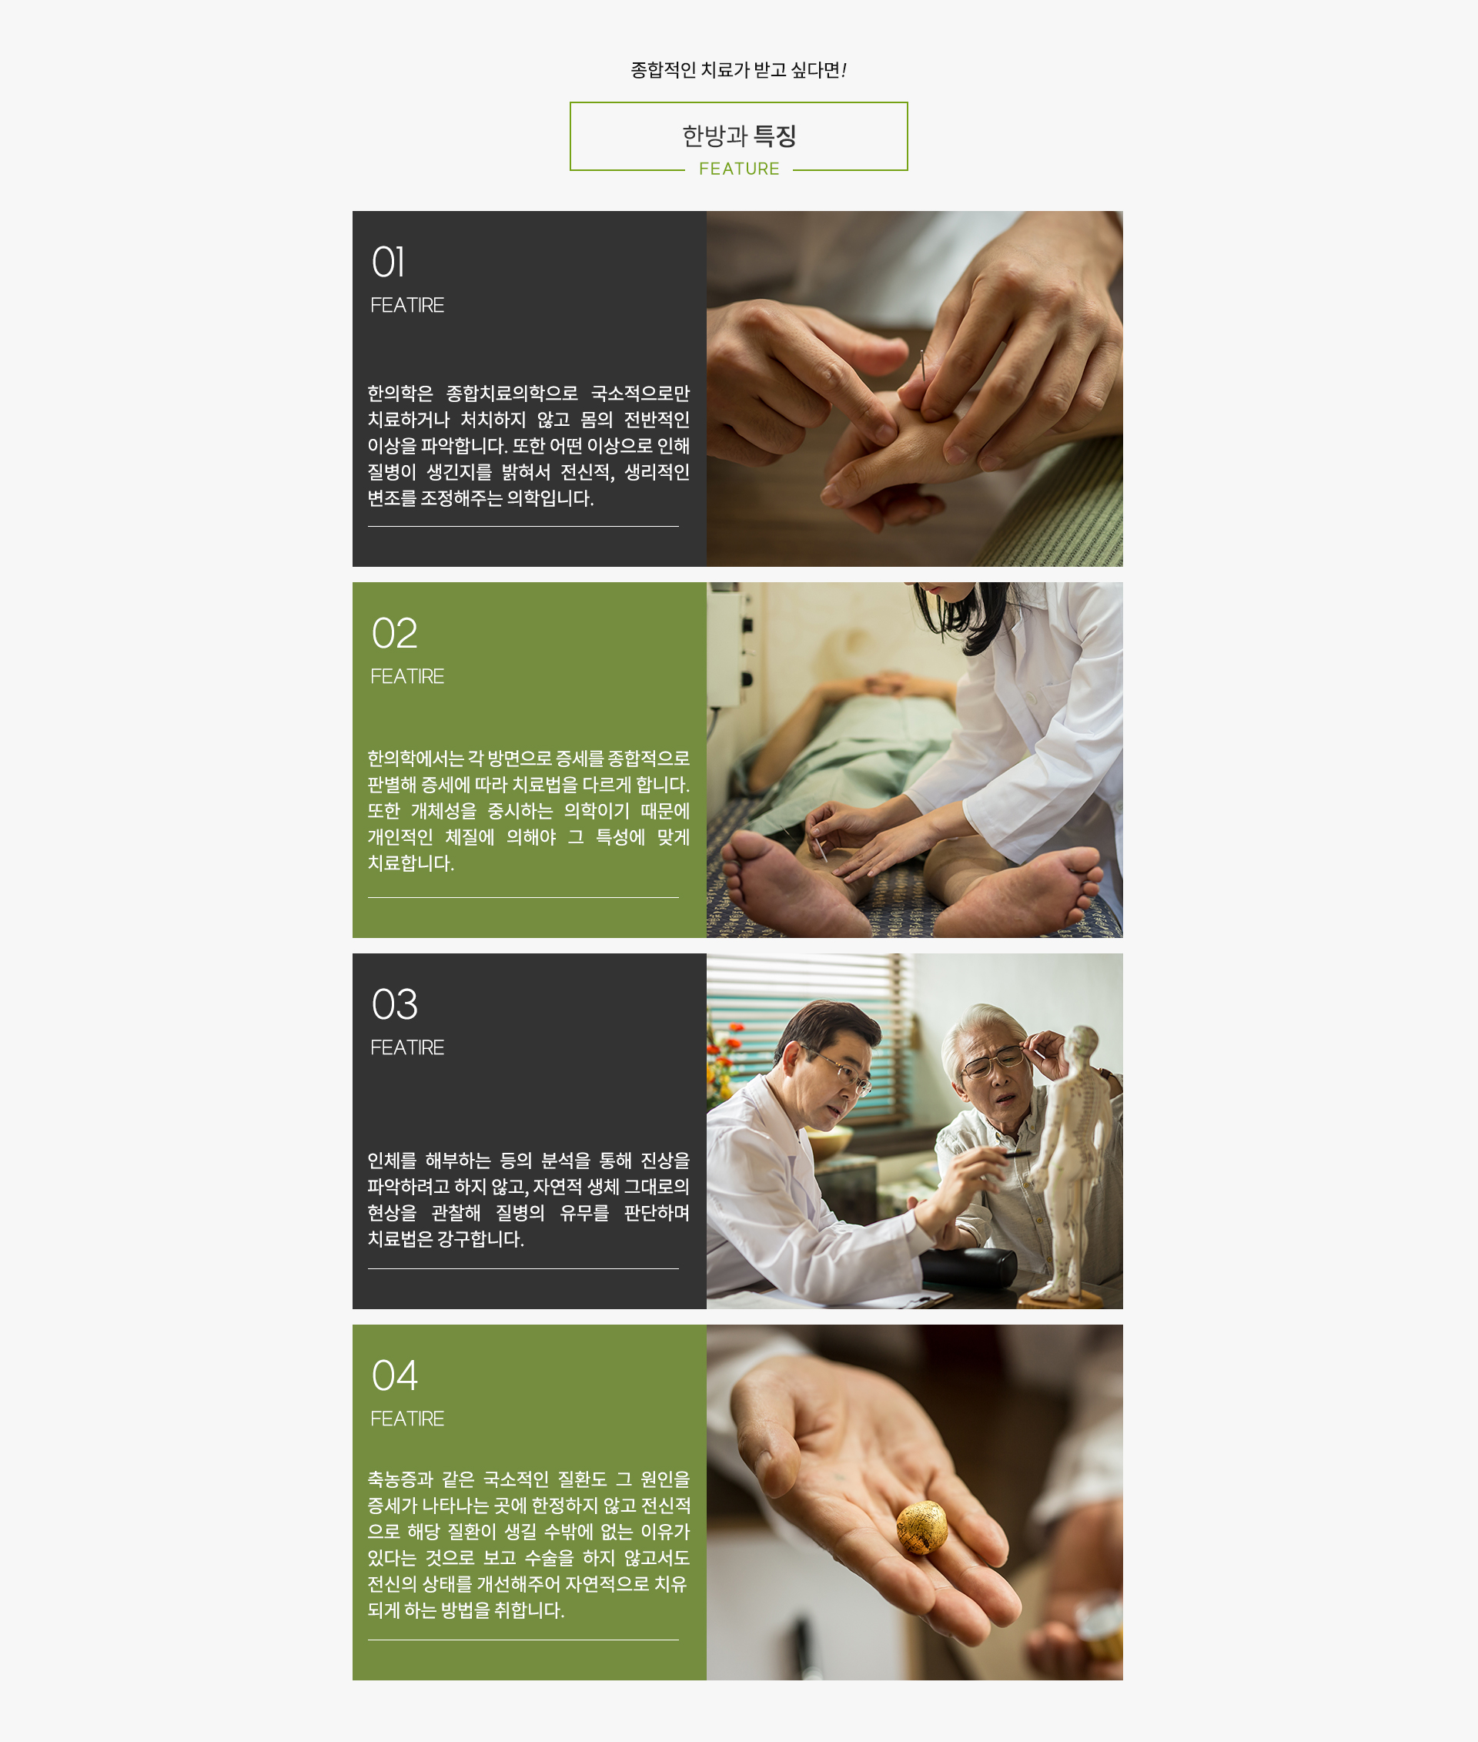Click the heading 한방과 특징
point(738,135)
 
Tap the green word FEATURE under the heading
point(739,169)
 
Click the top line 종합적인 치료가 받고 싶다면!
point(738,69)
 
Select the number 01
point(388,262)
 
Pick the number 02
point(394,633)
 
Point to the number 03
point(394,1004)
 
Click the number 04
point(394,1375)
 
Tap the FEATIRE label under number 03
point(407,1047)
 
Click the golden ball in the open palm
point(921,1527)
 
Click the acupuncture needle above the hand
point(922,367)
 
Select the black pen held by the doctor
point(1016,1155)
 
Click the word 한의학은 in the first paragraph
point(400,394)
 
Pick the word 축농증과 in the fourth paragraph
point(400,1479)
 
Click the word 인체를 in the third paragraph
point(391,1161)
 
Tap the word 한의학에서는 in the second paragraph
point(416,758)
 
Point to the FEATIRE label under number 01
point(407,304)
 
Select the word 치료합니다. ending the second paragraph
point(410,863)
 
